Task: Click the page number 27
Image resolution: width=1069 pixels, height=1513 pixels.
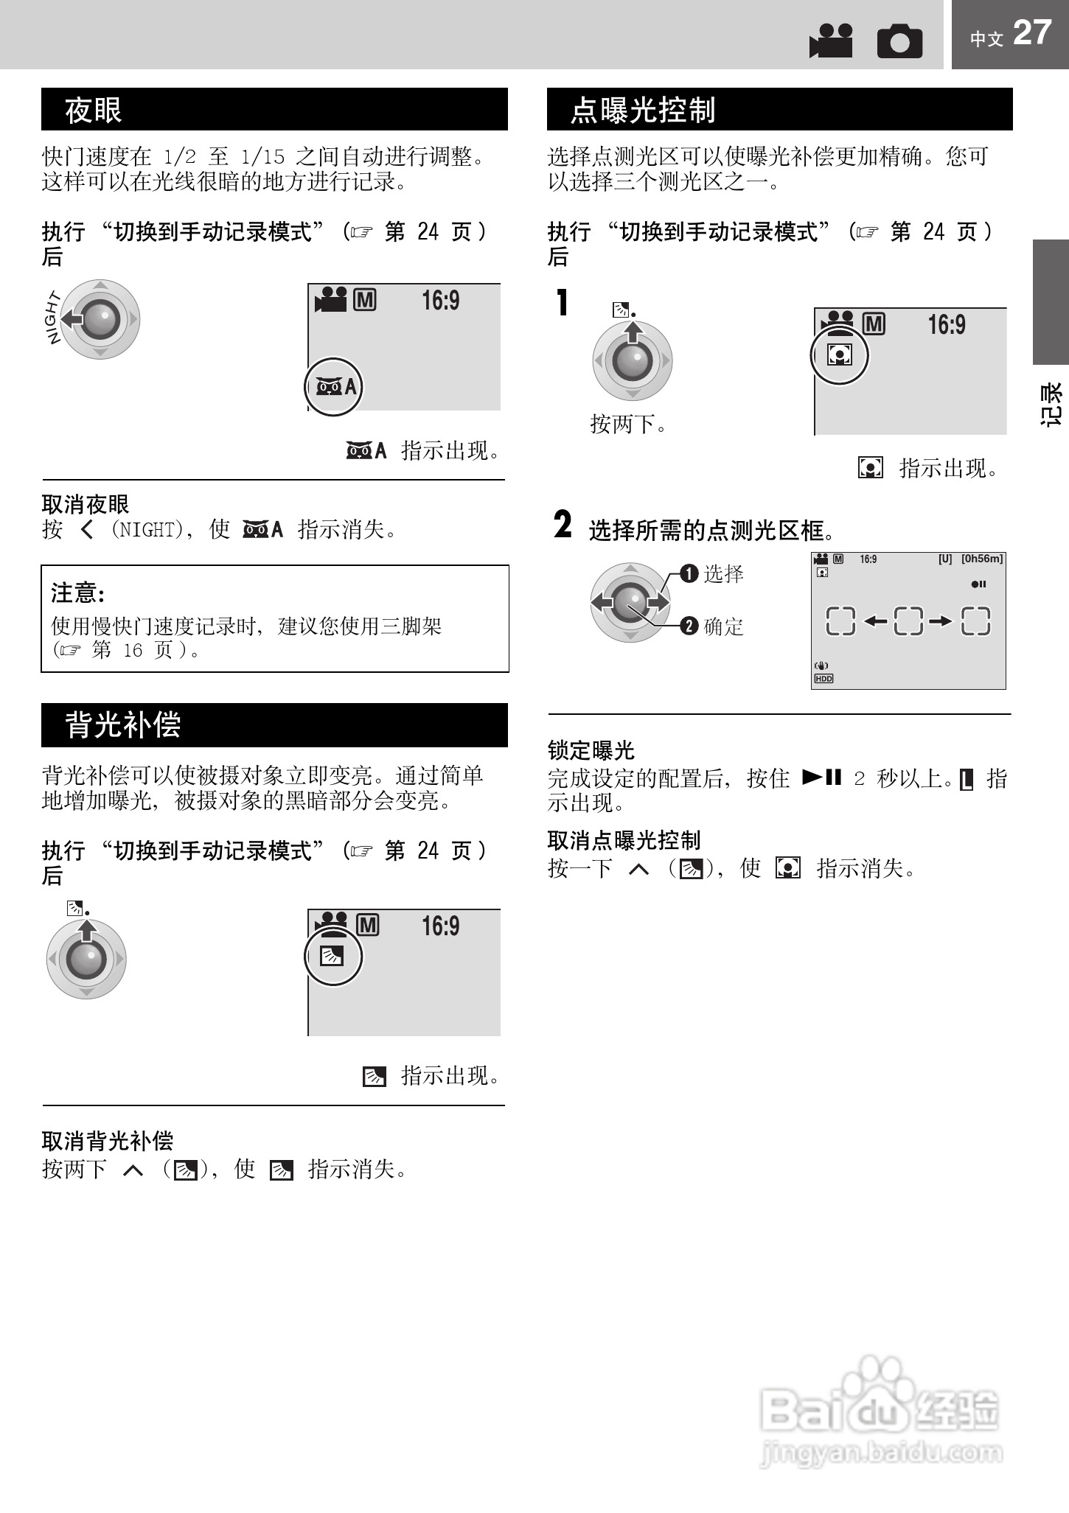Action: click(1031, 33)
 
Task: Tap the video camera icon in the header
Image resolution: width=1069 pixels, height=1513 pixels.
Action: click(831, 41)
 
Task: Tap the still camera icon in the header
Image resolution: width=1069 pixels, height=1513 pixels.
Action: click(899, 41)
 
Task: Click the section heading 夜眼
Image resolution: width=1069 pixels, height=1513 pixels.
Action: click(94, 110)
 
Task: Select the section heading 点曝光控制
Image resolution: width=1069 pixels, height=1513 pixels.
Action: click(642, 110)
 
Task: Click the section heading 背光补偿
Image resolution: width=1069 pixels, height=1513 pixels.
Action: click(123, 725)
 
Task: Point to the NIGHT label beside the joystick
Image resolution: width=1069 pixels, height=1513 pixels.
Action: click(52, 318)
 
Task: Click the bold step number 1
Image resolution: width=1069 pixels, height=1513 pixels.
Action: click(563, 303)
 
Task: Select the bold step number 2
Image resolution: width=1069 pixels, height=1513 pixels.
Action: click(563, 525)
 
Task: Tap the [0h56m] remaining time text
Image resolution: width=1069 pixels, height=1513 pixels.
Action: click(982, 559)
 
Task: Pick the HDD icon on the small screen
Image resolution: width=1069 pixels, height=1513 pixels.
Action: click(823, 679)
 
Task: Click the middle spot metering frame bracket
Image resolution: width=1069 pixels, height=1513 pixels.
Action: click(908, 621)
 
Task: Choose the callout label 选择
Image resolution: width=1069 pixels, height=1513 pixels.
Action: click(723, 573)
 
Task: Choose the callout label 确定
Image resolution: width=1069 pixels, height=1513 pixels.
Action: click(723, 626)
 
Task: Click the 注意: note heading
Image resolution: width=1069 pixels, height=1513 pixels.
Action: click(78, 593)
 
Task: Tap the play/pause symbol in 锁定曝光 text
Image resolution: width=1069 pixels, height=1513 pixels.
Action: click(821, 777)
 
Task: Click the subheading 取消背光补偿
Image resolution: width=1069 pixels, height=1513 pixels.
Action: click(108, 1142)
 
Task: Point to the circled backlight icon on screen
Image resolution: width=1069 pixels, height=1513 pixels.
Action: click(333, 957)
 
